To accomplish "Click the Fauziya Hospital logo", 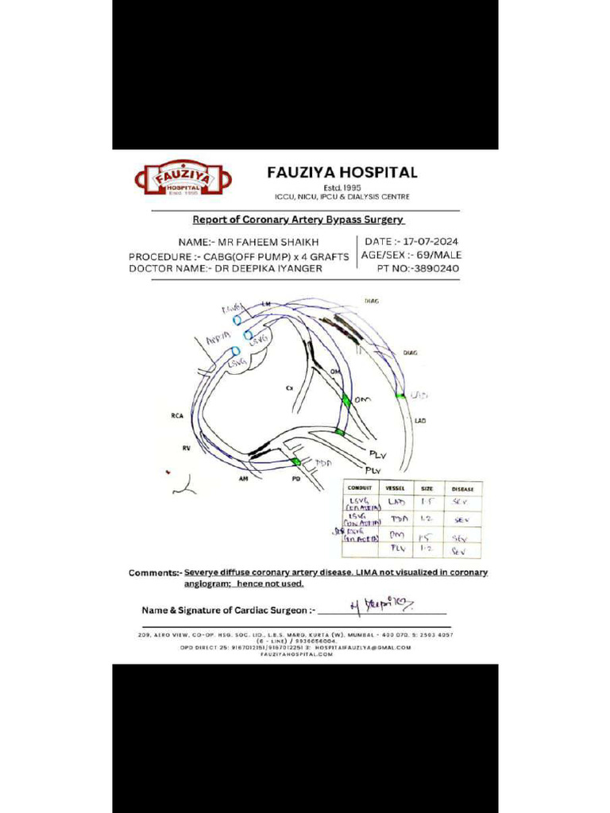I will coord(181,179).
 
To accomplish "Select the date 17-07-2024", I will coord(430,241).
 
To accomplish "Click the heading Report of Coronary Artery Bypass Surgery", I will coord(299,219).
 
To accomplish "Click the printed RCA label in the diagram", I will coord(177,415).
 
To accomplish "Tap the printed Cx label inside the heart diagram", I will coord(290,388).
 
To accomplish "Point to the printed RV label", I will coord(186,449).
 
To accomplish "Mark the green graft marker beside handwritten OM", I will coord(346,402).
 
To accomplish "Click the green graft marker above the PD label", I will coord(296,461).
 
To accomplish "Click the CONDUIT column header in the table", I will coord(360,488).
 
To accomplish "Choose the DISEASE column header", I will coord(462,488).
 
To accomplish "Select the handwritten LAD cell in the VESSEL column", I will coord(396,503).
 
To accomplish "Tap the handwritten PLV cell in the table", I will coord(397,549).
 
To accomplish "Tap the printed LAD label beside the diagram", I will coord(420,420).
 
